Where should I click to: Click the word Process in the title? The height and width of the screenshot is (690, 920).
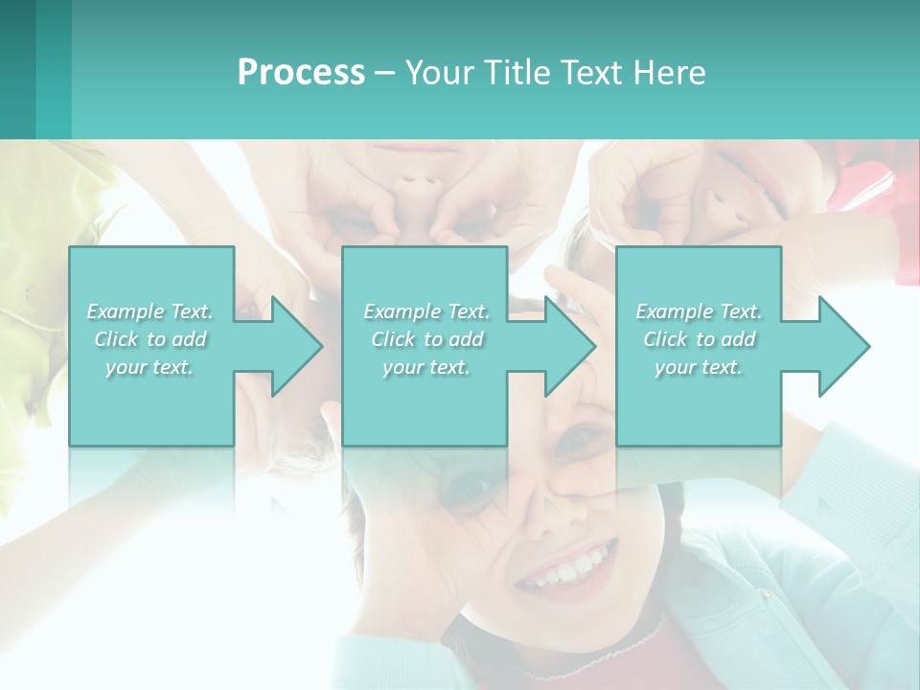pyautogui.click(x=301, y=73)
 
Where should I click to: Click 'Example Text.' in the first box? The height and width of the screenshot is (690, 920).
pyautogui.click(x=150, y=311)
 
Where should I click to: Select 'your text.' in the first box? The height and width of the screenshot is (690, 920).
pyautogui.click(x=150, y=367)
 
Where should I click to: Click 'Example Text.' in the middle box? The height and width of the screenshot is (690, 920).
pyautogui.click(x=426, y=311)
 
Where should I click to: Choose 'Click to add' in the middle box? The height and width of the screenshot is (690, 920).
pyautogui.click(x=426, y=339)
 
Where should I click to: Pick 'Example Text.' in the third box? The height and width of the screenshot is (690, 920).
pyautogui.click(x=699, y=311)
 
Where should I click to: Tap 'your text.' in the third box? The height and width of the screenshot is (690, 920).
pyautogui.click(x=699, y=367)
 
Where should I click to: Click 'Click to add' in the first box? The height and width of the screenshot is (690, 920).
pyautogui.click(x=150, y=339)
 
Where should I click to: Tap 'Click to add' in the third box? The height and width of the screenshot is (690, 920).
pyautogui.click(x=699, y=339)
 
